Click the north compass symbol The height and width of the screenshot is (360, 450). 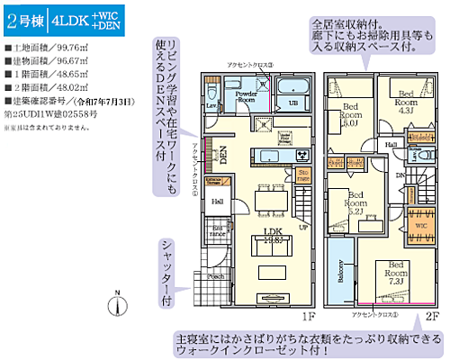click(x=117, y=304)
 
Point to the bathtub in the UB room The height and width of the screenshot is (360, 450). click(x=291, y=88)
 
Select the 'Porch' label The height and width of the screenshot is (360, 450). click(x=216, y=277)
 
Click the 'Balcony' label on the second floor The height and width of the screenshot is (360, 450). click(x=341, y=270)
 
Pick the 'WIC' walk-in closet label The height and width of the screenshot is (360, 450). click(x=420, y=227)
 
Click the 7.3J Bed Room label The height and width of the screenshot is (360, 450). click(x=394, y=272)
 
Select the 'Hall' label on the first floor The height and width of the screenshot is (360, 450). click(x=218, y=202)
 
